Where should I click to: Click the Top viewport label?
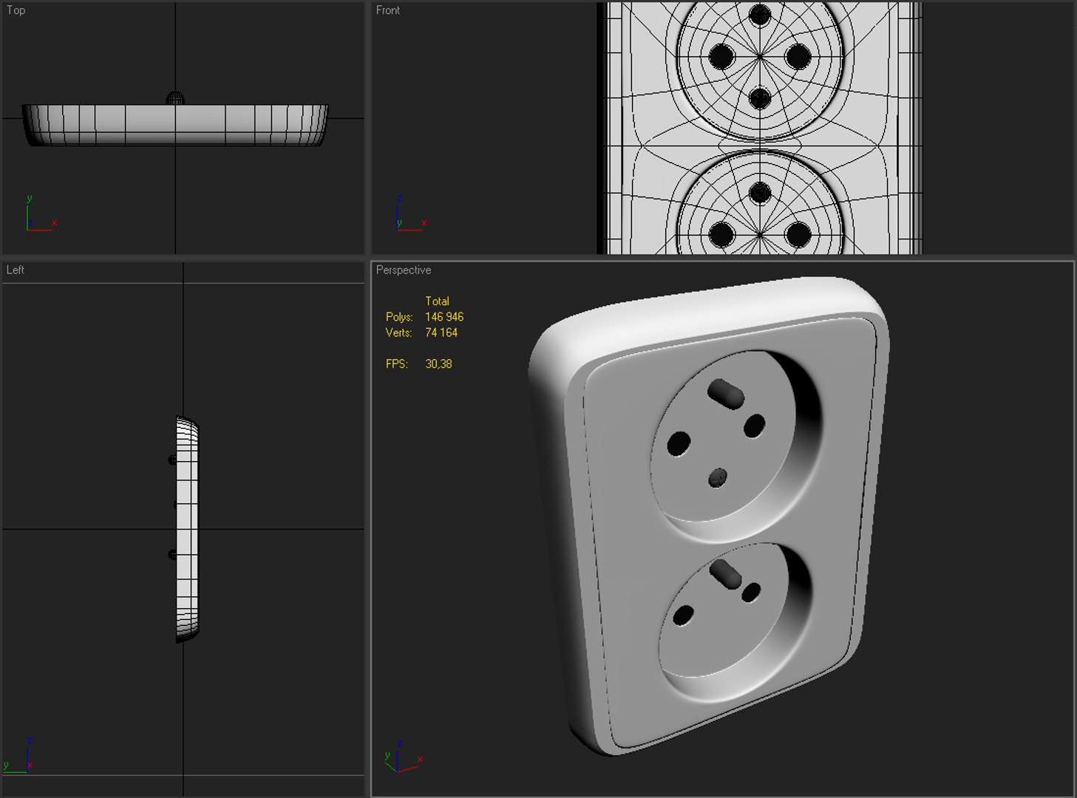pos(16,10)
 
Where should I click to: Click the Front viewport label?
pos(387,10)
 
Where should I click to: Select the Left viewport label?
pos(15,270)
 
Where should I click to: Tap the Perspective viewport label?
pos(404,270)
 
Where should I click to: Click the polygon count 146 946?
pos(444,317)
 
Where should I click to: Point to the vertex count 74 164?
pos(441,332)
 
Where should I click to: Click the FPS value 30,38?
pos(438,364)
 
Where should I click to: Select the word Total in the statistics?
pos(437,301)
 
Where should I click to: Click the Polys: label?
pos(399,317)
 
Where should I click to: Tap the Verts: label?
pos(398,332)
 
